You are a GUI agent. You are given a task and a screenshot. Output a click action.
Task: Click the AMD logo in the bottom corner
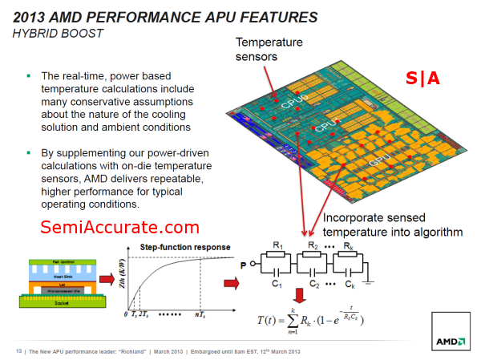point(451,341)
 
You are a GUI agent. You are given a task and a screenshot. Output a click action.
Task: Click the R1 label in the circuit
point(277,245)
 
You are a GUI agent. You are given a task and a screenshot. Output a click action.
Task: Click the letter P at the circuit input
point(243,262)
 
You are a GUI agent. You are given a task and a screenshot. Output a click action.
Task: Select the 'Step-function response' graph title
point(185,246)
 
